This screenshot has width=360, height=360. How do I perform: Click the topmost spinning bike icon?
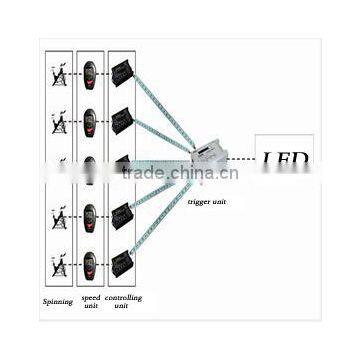tap(59, 75)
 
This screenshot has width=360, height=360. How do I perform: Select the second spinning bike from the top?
tap(59, 122)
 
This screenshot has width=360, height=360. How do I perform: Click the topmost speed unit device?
tap(90, 74)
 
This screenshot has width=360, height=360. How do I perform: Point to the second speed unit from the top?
tap(90, 121)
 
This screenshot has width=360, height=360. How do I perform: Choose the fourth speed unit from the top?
tap(90, 216)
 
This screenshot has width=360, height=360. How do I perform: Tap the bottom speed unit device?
tap(90, 263)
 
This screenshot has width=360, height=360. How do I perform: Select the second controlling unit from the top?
tap(123, 121)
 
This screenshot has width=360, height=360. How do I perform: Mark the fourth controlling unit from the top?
tap(123, 215)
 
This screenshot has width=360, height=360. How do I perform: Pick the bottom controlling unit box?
tap(123, 263)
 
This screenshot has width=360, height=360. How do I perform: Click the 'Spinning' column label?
tap(58, 301)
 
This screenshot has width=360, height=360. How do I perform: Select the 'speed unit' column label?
tap(90, 302)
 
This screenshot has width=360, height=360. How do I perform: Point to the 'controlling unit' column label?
tap(124, 302)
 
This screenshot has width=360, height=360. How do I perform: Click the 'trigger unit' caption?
tap(206, 200)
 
